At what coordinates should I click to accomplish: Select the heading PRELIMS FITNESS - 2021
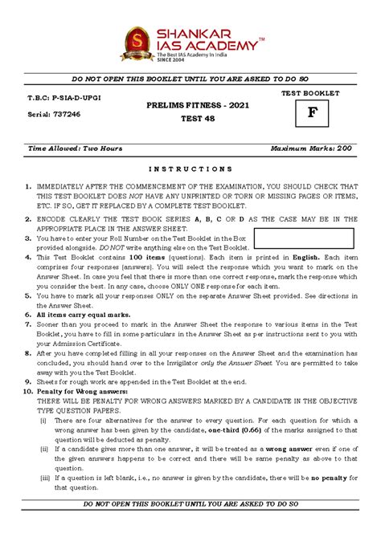point(190,105)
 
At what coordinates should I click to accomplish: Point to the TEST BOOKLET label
point(309,93)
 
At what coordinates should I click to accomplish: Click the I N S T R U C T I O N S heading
point(190,169)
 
